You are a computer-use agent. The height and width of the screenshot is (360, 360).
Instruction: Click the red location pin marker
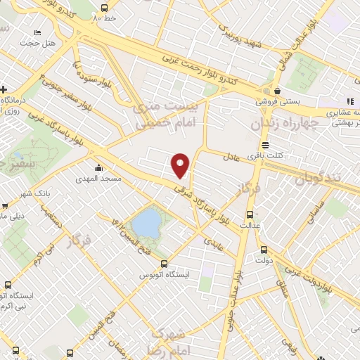pos(181,165)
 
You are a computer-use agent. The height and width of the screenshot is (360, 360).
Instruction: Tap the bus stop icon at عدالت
pos(248,214)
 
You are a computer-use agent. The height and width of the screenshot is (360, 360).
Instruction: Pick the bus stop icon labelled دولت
pos(263,249)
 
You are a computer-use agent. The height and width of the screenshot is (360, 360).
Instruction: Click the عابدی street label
pos(214,240)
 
